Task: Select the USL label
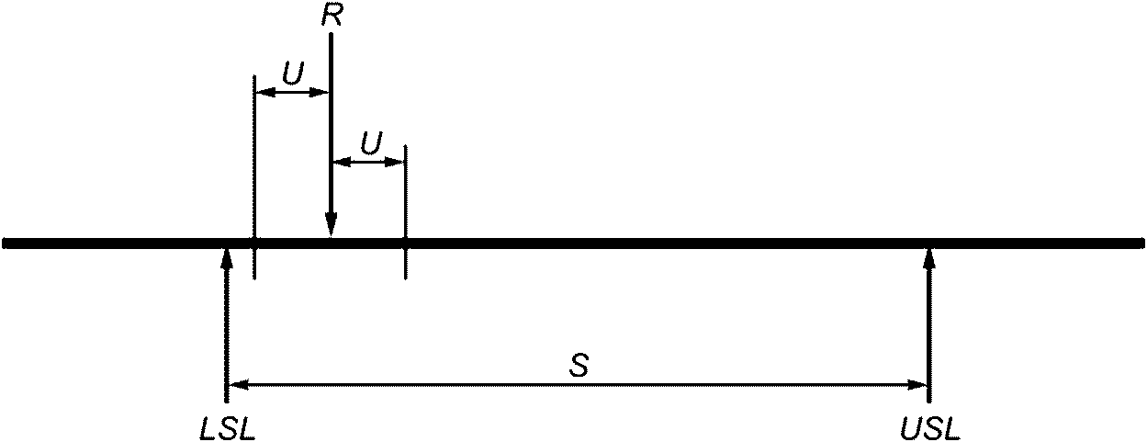[x=929, y=427]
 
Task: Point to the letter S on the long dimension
[x=578, y=366]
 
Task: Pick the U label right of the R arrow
[x=371, y=144]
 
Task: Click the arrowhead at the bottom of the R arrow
[x=332, y=224]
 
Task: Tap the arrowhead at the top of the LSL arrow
[x=227, y=258]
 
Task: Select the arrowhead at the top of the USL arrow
[x=929, y=258]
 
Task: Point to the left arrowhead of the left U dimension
[x=262, y=92]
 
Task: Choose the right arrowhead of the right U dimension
[x=397, y=162]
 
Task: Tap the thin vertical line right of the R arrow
[x=405, y=202]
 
